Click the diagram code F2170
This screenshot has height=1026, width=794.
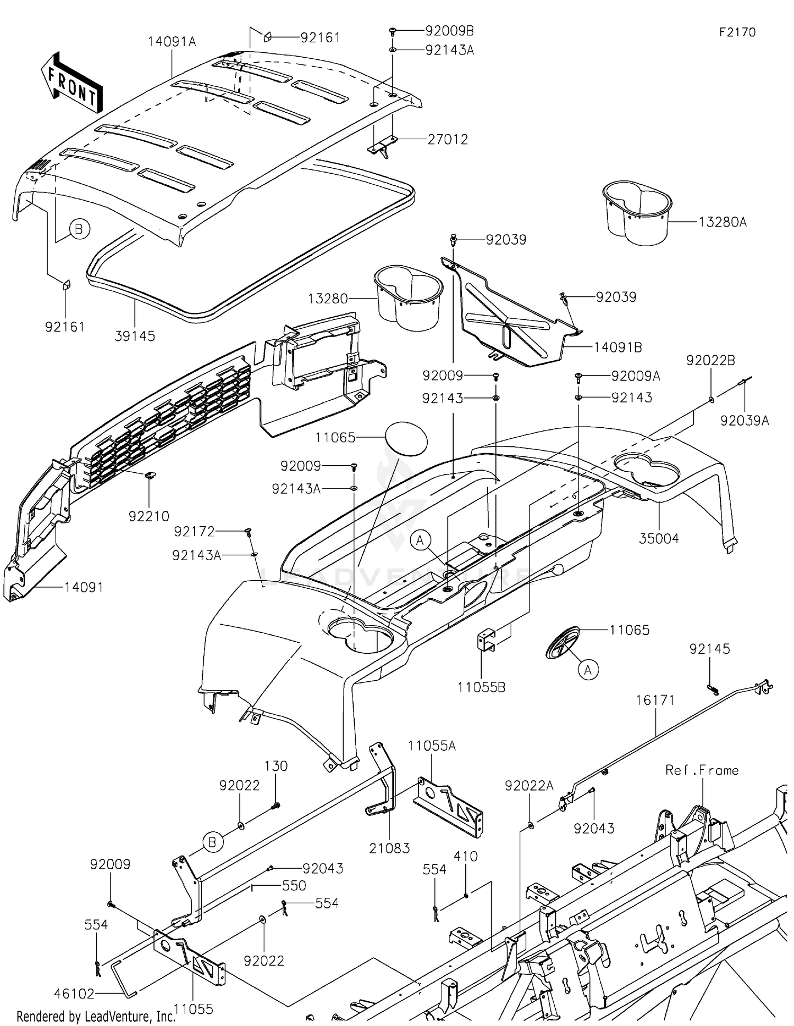click(737, 32)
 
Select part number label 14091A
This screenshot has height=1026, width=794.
click(172, 41)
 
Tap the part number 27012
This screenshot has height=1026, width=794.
click(448, 139)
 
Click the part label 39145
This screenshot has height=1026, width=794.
click(135, 336)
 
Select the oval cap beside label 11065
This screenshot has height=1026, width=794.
click(405, 438)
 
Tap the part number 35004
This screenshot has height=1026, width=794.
click(659, 538)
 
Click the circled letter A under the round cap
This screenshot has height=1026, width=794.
click(588, 670)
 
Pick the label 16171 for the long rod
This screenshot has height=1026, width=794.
click(655, 700)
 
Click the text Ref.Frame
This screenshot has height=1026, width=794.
click(702, 770)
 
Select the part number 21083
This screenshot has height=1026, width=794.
click(390, 848)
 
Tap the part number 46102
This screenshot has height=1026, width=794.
click(74, 994)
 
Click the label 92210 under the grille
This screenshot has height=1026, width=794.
click(149, 516)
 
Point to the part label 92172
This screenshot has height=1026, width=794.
click(194, 530)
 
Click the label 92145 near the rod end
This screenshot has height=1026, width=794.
click(709, 649)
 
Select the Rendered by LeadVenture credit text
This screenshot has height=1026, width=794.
click(95, 1016)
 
